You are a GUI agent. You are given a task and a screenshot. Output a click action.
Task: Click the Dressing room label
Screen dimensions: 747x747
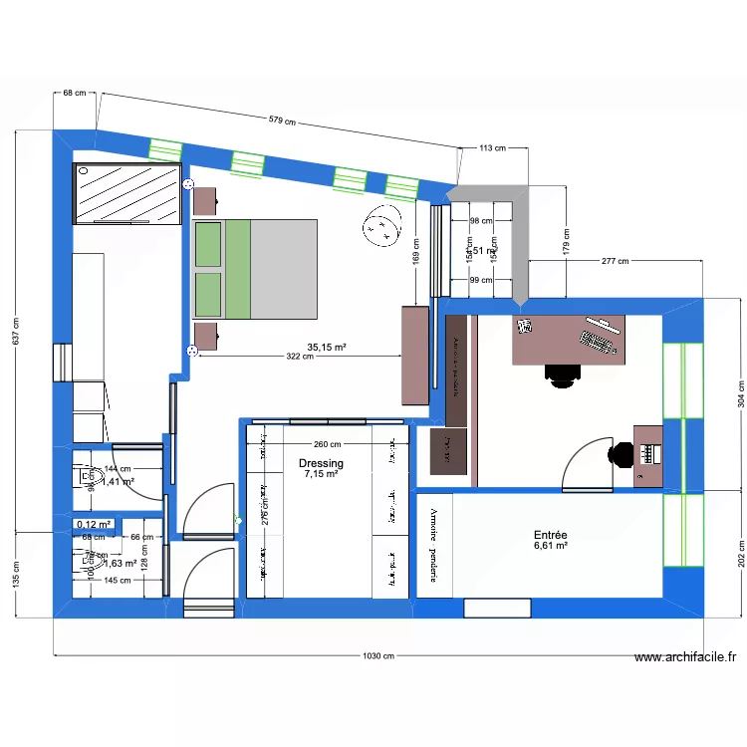click(x=321, y=463)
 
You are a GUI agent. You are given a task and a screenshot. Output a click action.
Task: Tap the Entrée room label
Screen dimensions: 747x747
click(x=550, y=535)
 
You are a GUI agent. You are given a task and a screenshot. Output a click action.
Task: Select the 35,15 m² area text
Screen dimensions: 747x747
click(x=327, y=348)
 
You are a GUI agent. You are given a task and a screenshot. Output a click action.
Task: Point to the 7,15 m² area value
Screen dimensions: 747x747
click(x=321, y=475)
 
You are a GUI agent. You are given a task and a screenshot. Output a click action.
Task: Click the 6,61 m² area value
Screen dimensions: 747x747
click(x=550, y=546)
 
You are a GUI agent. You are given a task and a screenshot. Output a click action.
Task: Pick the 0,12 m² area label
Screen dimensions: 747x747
click(x=94, y=524)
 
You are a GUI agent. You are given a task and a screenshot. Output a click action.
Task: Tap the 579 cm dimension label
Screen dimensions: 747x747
click(x=282, y=121)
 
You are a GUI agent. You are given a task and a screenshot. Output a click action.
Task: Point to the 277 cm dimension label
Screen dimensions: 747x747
click(x=615, y=261)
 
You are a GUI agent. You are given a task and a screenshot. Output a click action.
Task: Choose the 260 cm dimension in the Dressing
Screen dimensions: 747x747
click(x=327, y=445)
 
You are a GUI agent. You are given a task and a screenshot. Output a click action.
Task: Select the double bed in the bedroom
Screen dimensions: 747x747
click(x=256, y=269)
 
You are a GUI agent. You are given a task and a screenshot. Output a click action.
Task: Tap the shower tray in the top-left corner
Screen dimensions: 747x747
click(x=126, y=194)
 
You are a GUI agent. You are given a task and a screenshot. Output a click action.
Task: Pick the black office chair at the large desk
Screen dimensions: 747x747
click(x=563, y=373)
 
